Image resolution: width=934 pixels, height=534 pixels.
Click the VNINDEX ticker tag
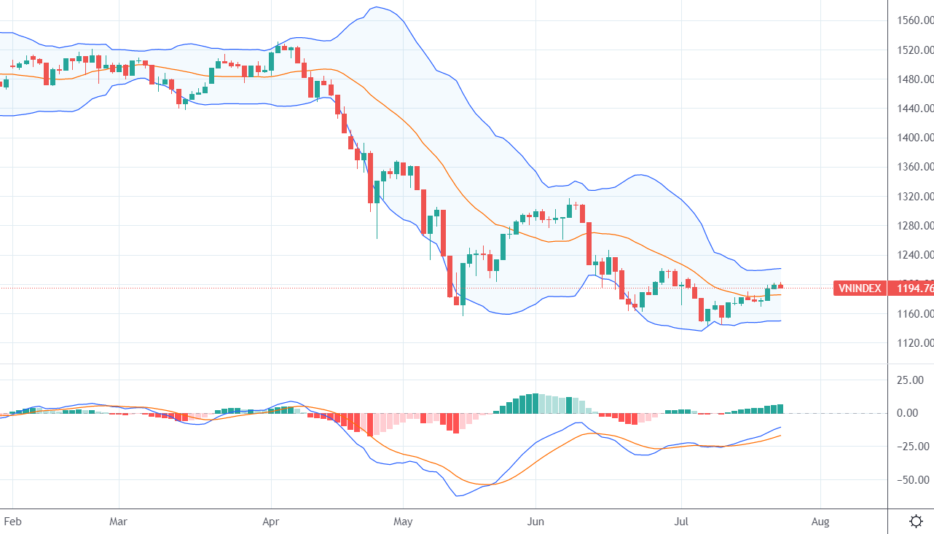(860, 288)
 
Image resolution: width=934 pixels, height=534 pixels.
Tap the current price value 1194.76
(914, 288)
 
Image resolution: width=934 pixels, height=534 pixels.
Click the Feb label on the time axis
(12, 522)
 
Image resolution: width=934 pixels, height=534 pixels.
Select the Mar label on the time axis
(118, 522)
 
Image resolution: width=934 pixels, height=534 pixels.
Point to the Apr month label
(271, 522)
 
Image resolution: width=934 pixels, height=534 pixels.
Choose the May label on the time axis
(403, 522)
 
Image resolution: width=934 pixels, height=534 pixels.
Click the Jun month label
(535, 522)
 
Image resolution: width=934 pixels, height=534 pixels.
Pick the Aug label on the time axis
(820, 522)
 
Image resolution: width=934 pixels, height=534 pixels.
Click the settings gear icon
(917, 521)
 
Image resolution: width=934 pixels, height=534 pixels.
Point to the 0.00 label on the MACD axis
(914, 413)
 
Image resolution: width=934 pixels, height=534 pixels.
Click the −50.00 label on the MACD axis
(911, 479)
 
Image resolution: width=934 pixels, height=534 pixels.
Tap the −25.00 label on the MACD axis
(911, 446)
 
